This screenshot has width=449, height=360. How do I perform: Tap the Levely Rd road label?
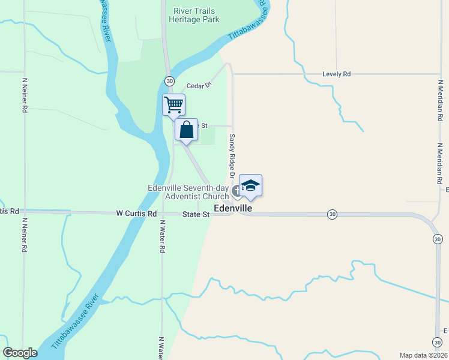pyautogui.click(x=336, y=74)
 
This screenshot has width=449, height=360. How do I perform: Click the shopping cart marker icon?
pyautogui.click(x=173, y=104)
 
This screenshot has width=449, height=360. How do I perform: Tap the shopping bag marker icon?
pyautogui.click(x=187, y=128)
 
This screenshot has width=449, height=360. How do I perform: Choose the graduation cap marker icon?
pyautogui.click(x=250, y=185)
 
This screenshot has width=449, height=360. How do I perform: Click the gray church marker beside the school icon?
pyautogui.click(x=237, y=191)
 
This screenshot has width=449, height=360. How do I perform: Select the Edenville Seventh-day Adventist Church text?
pyautogui.click(x=188, y=192)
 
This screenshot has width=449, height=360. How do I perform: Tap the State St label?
pyautogui.click(x=196, y=214)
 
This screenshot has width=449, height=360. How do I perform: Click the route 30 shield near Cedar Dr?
pyautogui.click(x=170, y=81)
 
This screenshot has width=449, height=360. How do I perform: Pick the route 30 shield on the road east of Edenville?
pyautogui.click(x=332, y=214)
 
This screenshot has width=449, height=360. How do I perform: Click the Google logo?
pyautogui.click(x=20, y=353)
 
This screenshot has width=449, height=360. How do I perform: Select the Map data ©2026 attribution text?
pyautogui.click(x=423, y=355)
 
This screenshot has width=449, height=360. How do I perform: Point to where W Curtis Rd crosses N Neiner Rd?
pyautogui.click(x=25, y=212)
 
